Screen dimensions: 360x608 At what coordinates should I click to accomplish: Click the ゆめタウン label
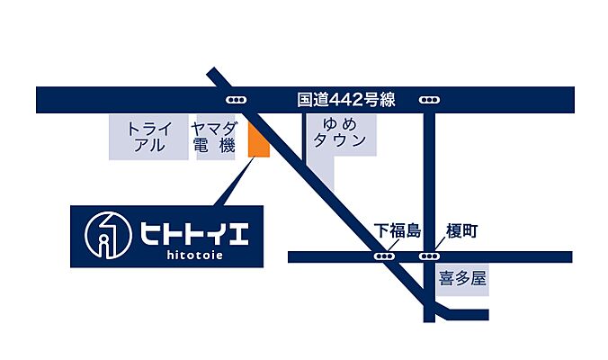339,133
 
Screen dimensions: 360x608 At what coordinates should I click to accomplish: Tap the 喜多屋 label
462,279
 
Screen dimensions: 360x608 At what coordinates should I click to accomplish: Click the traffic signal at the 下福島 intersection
385,256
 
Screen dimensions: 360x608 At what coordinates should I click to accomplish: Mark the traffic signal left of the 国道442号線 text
237,99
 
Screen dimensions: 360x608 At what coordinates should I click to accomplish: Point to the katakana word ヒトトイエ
193,231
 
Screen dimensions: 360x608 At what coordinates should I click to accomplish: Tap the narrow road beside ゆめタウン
306,144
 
